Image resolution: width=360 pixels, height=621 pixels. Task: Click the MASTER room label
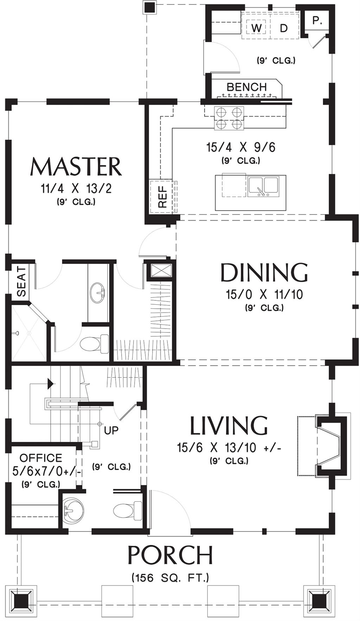pyautogui.click(x=76, y=167)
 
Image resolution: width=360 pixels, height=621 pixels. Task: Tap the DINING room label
pyautogui.click(x=264, y=273)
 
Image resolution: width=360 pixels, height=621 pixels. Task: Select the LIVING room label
pyautogui.click(x=229, y=425)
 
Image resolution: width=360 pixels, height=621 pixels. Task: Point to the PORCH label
pyautogui.click(x=170, y=555)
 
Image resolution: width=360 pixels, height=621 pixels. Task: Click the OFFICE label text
pyautogui.click(x=41, y=458)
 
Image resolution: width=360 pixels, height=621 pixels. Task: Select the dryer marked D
pyautogui.click(x=284, y=28)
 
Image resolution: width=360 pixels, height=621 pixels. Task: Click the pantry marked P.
pyautogui.click(x=317, y=21)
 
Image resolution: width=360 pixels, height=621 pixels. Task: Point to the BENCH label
pyautogui.click(x=246, y=87)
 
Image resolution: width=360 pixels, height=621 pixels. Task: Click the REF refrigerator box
pyautogui.click(x=162, y=196)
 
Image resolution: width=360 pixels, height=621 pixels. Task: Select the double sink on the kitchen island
pyautogui.click(x=263, y=187)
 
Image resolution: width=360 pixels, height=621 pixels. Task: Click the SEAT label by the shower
pyautogui.click(x=21, y=281)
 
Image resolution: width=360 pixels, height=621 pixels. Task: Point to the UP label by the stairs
pyautogui.click(x=111, y=430)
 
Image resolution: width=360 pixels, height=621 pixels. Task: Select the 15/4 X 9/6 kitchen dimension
pyautogui.click(x=241, y=147)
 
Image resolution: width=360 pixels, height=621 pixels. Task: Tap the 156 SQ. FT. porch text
pyautogui.click(x=170, y=577)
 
